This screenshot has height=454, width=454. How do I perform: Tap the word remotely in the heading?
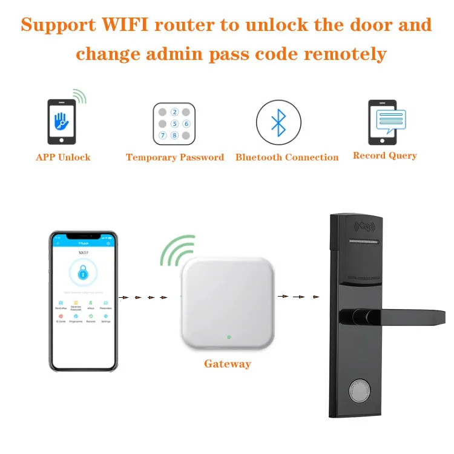coord(344,53)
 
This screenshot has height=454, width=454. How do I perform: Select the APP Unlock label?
coord(63,157)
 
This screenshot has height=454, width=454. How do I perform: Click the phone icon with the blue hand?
coord(61,121)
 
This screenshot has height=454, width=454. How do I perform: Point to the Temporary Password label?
coord(174,157)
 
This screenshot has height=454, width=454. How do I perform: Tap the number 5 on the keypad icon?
coord(175,123)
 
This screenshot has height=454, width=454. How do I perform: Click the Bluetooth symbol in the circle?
coord(278,121)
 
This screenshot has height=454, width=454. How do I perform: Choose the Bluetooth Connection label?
coord(287,157)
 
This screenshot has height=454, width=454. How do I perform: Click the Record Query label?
coord(385,156)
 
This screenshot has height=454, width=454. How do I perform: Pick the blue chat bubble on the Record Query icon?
coord(390,120)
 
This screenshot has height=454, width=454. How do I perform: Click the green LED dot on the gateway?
coord(228,337)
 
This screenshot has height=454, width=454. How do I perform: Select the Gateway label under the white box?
coord(227,364)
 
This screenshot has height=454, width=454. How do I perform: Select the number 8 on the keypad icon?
coord(175,135)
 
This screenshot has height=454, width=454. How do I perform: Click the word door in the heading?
coord(368,25)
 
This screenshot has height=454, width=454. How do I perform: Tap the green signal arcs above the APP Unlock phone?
coord(79,96)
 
